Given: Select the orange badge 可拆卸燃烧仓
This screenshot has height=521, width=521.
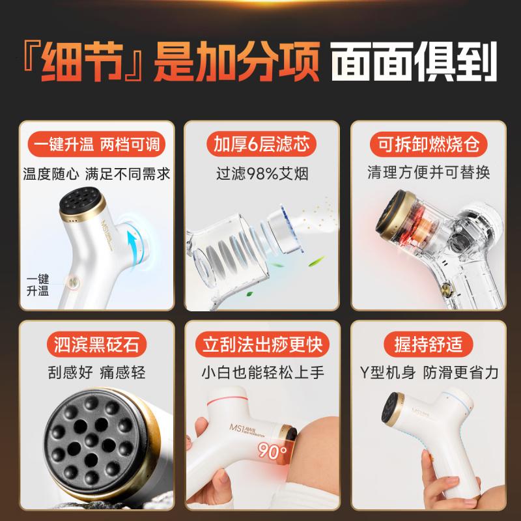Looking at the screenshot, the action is tap(428, 143).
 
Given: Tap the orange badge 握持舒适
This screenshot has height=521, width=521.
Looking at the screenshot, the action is tap(428, 343).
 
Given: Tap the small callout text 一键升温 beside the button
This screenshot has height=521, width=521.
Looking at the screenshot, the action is tap(38, 285).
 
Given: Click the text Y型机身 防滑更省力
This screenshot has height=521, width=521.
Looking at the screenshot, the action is tap(428, 373).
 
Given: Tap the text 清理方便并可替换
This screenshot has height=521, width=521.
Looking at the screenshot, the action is tap(428, 173).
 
